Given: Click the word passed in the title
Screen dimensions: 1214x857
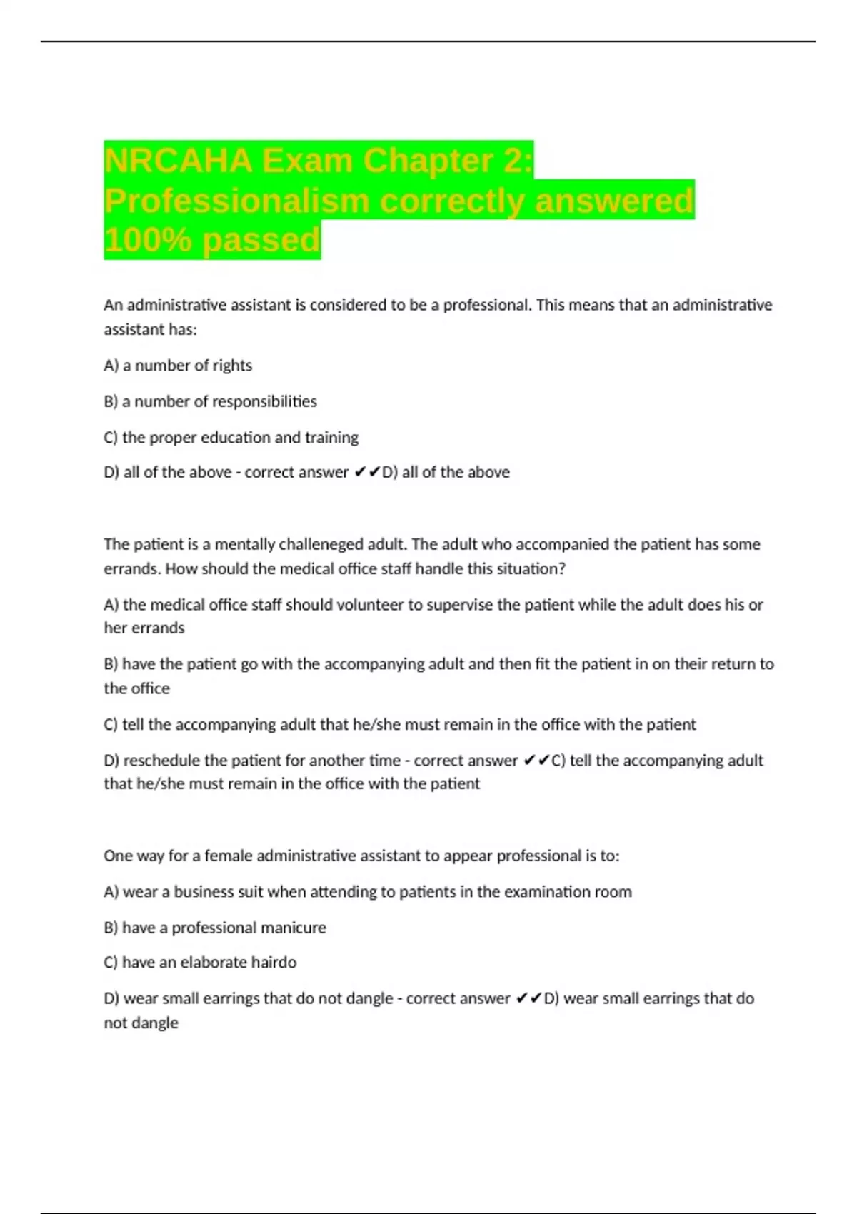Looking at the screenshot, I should (x=261, y=240).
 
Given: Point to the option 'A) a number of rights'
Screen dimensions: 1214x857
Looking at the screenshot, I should (x=178, y=366).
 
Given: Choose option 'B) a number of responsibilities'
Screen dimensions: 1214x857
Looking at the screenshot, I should (x=210, y=401).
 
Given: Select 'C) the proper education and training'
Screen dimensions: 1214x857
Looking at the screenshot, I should (x=231, y=437).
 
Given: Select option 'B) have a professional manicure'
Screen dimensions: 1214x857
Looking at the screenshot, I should (x=214, y=928).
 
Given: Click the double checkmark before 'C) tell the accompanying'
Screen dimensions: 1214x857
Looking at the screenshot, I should (x=536, y=761).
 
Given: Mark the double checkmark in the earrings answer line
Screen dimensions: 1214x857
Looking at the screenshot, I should (x=528, y=998).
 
